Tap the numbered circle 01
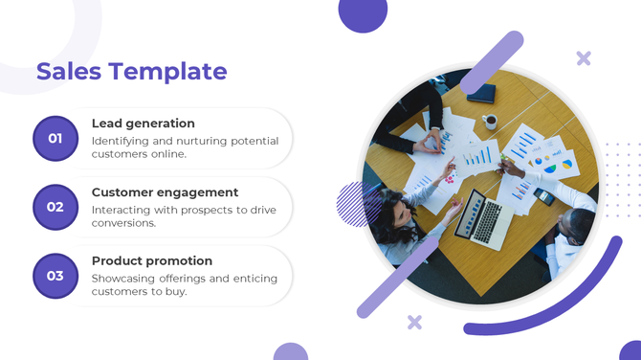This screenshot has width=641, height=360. (x=55, y=139)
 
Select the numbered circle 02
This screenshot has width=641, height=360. (x=55, y=207)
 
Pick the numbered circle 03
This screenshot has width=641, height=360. (x=55, y=276)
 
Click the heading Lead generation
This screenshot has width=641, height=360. (x=143, y=124)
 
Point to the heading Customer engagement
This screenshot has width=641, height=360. (x=165, y=192)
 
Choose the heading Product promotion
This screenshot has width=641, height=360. (x=152, y=260)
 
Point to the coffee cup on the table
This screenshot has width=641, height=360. (x=490, y=122)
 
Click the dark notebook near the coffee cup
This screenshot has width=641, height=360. (x=481, y=94)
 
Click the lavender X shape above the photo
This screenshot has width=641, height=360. (x=584, y=58)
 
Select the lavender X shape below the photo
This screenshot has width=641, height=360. (x=414, y=323)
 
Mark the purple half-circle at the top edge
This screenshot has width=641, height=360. (x=364, y=13)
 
